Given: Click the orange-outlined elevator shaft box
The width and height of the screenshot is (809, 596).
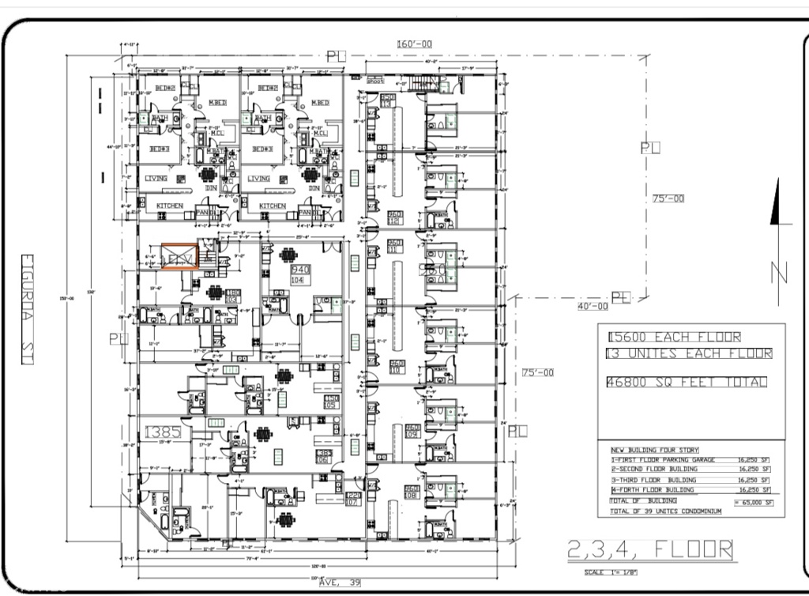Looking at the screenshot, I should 179,257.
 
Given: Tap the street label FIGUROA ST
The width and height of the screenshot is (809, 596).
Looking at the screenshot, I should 26,309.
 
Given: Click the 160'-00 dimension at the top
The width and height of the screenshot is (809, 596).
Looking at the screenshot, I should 414,44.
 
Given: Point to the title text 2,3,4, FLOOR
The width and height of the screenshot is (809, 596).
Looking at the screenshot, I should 650,549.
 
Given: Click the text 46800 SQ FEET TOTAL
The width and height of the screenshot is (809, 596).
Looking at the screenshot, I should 686,382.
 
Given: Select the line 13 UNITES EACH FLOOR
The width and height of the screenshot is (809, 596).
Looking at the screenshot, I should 688,353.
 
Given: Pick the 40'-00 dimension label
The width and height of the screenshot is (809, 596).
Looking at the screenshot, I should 592,306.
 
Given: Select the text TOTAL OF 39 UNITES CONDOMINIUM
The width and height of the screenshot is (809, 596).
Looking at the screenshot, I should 666,511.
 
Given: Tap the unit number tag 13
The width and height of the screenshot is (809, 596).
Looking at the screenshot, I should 387,100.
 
